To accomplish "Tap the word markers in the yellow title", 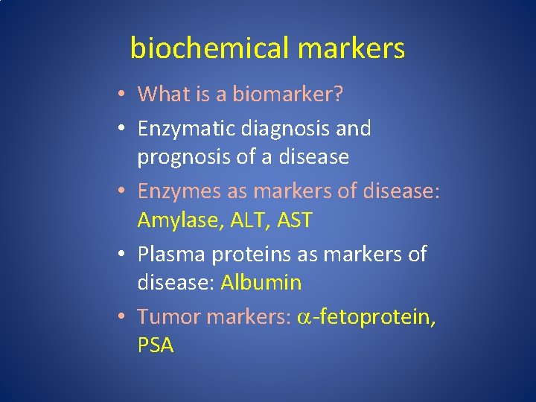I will (351, 48).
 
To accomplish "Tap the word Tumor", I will (168, 317).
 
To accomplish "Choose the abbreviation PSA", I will (155, 345).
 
